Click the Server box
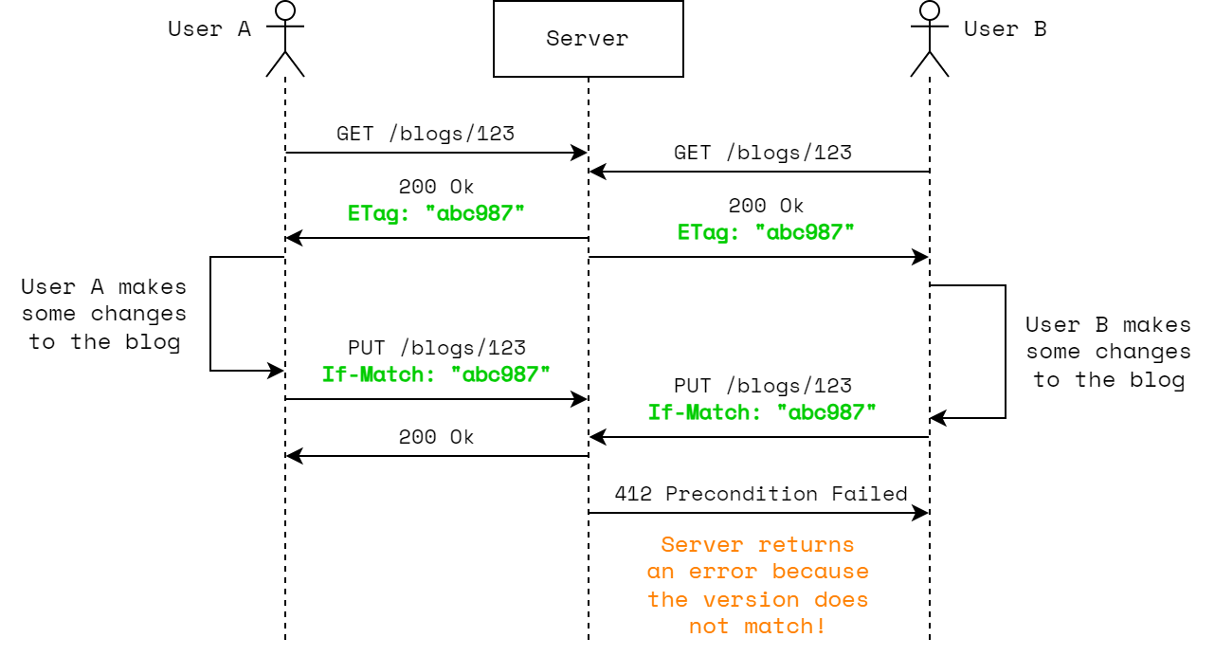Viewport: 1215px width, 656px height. tap(588, 39)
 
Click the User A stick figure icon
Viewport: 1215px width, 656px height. tap(285, 39)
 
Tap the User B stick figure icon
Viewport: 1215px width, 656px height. tap(929, 39)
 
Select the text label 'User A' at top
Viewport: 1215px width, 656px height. tap(209, 28)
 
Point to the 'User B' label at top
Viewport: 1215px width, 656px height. tap(1005, 28)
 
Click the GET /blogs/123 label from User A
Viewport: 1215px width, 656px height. tap(426, 133)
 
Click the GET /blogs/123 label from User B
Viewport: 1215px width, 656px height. tap(762, 152)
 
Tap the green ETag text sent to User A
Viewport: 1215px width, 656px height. tap(436, 212)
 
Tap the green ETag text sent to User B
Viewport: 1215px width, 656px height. tap(766, 231)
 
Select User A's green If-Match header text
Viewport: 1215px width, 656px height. tap(436, 374)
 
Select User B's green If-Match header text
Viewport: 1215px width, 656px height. tap(762, 411)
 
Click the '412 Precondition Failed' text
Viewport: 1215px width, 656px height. tap(761, 494)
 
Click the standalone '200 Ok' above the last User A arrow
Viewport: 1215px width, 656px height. tap(436, 437)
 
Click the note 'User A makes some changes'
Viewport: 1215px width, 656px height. tap(104, 314)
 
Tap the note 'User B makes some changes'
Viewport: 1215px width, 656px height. tap(1108, 352)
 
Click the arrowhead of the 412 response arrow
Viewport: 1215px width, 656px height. tap(922, 513)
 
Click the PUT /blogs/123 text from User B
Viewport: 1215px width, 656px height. tap(762, 386)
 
